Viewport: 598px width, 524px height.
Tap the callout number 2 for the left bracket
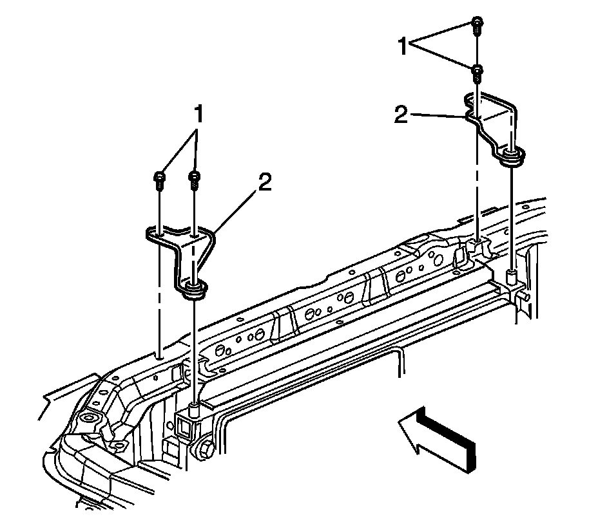coord(264,182)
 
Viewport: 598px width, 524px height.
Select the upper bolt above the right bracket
coord(476,23)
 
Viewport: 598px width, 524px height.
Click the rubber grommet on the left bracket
coord(194,290)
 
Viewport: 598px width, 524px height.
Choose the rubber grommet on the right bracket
coord(513,156)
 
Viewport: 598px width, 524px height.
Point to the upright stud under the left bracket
coord(195,409)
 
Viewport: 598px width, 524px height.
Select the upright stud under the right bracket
coord(513,278)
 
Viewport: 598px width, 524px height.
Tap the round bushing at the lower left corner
coord(90,422)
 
